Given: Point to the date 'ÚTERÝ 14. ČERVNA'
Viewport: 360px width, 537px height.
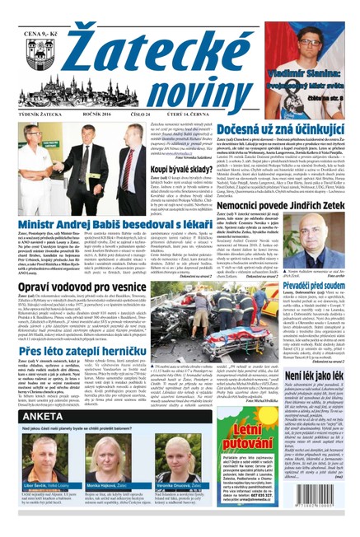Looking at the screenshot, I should [x=213, y=115].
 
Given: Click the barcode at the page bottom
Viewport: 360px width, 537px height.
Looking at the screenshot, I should [x=323, y=511].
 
